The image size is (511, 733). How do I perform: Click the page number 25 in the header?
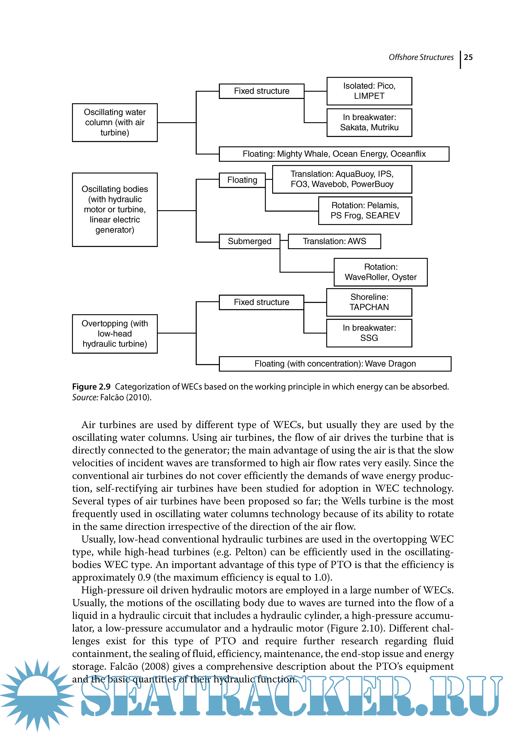pyautogui.click(x=468, y=57)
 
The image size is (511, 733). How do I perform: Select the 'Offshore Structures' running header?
pyautogui.click(x=421, y=57)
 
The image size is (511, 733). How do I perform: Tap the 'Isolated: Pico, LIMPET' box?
pyautogui.click(x=369, y=91)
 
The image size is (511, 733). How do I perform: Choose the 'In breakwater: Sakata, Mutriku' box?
pyautogui.click(x=369, y=123)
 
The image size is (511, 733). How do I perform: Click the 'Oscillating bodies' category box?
pyautogui.click(x=115, y=209)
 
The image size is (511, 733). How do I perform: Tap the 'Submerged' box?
pyautogui.click(x=249, y=241)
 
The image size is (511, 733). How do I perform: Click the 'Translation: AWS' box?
pyautogui.click(x=334, y=241)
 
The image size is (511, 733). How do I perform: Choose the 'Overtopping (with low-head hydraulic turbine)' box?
pyautogui.click(x=115, y=334)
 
